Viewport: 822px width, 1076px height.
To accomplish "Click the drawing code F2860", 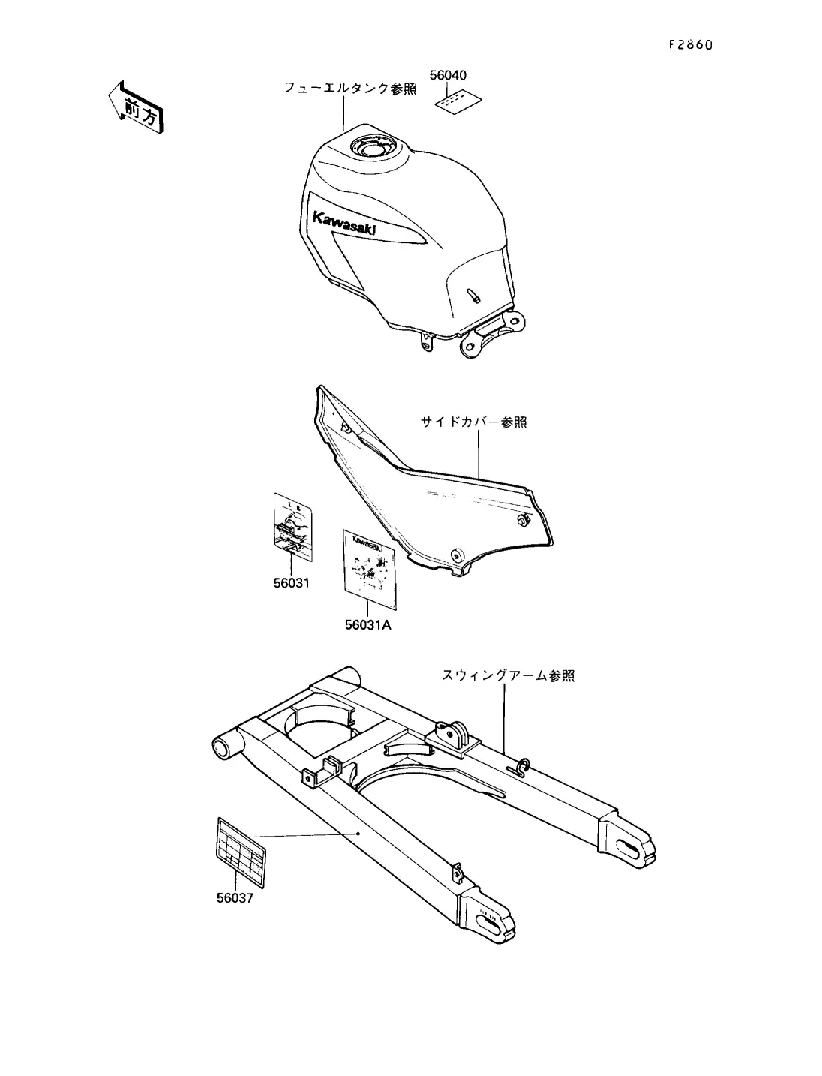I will coord(689,44).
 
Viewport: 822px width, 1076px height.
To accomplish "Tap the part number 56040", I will coord(448,75).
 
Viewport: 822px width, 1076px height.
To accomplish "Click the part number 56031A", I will coord(368,624).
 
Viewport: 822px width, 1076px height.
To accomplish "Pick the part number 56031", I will coord(291,583).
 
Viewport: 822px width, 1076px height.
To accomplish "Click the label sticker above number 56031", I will coord(293,526).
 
